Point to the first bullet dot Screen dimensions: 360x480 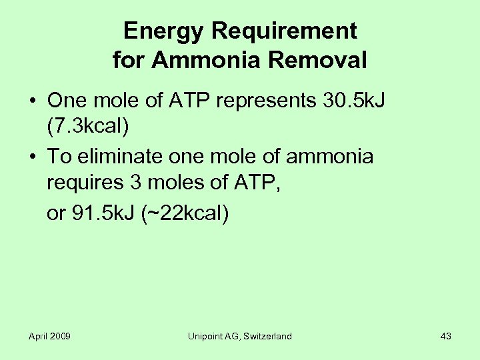32,101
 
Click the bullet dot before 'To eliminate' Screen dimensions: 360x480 32,157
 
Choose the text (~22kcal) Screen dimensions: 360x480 186,213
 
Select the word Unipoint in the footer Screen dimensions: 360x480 206,336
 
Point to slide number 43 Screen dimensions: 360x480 446,336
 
